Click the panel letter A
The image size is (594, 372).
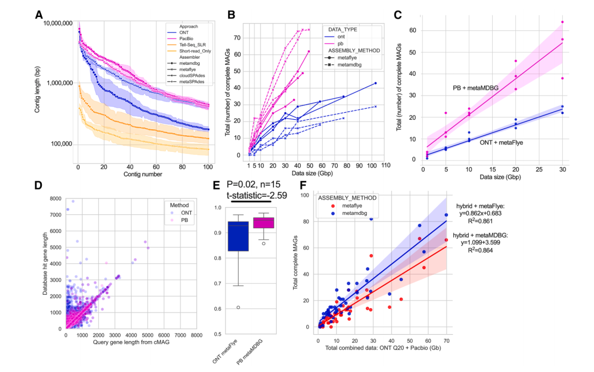(39, 15)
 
